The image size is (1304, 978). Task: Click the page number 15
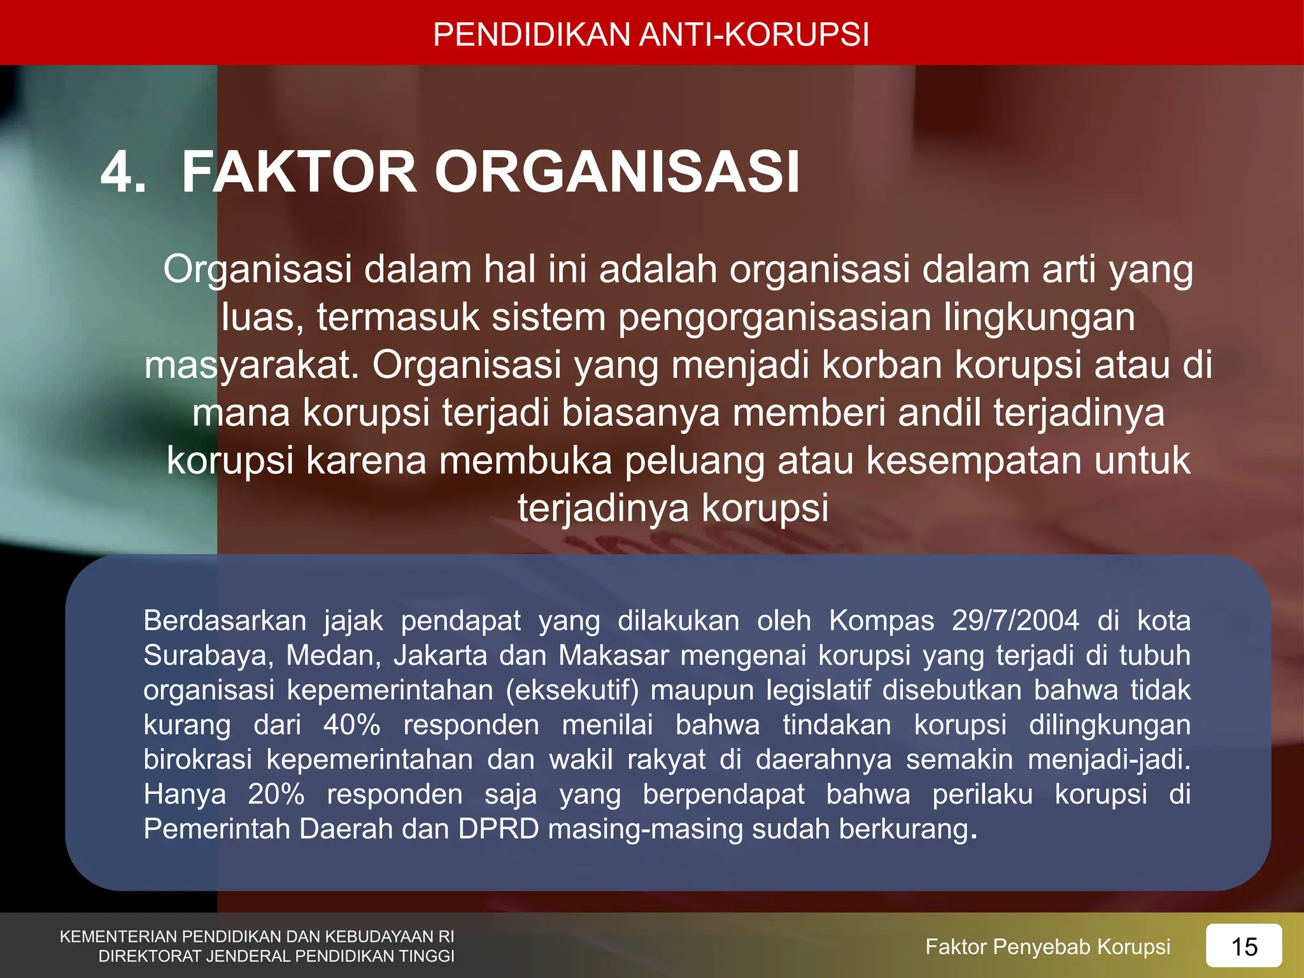(1244, 947)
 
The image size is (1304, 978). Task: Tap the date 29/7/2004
(1016, 621)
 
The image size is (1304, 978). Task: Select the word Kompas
(881, 621)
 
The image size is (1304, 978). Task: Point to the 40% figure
(352, 725)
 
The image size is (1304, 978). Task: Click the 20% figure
(276, 795)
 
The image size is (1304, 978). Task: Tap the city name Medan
(333, 656)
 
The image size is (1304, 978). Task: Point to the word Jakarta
(440, 656)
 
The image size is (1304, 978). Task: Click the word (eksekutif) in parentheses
(572, 691)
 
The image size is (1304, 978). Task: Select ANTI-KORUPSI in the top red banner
(754, 34)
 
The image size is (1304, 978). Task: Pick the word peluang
(695, 462)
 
